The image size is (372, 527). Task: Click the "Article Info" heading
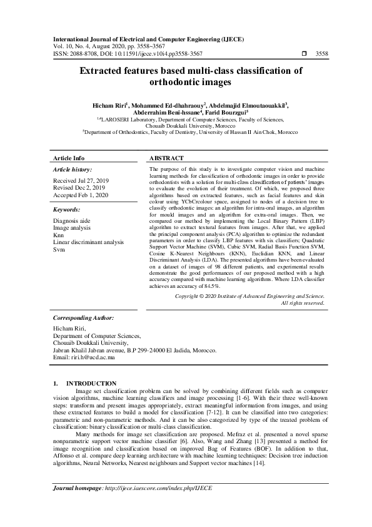point(69,158)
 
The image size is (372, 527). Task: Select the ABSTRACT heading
point(166,158)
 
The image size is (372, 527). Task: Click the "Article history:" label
point(73,170)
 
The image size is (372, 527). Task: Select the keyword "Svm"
point(59,249)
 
